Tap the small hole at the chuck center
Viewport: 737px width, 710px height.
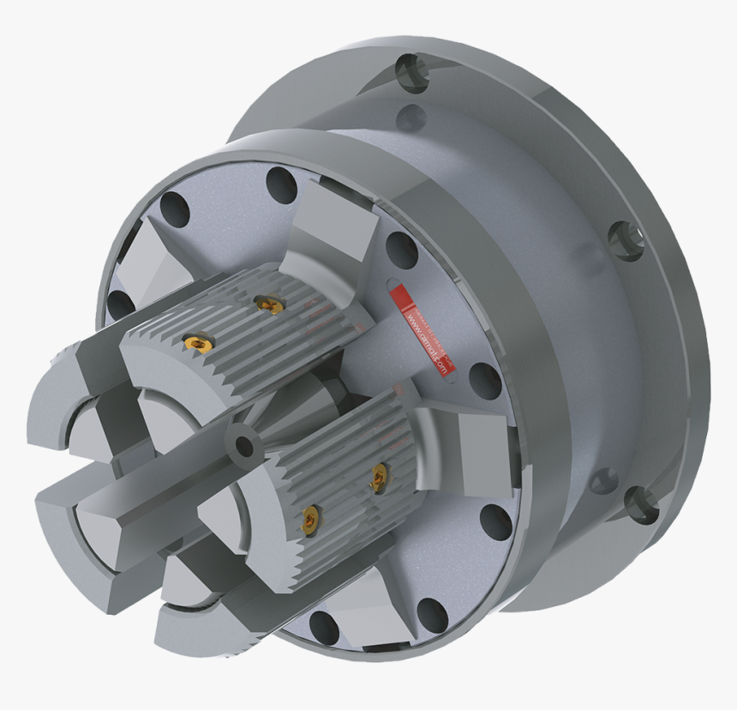pyautogui.click(x=244, y=446)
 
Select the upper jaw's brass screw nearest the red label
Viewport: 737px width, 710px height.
pyautogui.click(x=268, y=304)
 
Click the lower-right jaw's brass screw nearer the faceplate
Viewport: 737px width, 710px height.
pyautogui.click(x=378, y=478)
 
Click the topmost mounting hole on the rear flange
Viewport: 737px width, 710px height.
pyautogui.click(x=410, y=68)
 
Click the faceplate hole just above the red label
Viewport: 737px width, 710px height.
pyautogui.click(x=400, y=249)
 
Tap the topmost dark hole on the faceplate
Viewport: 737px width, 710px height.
pyautogui.click(x=281, y=183)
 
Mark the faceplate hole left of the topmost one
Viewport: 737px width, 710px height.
pyautogui.click(x=174, y=208)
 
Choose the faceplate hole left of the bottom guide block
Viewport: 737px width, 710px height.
pyautogui.click(x=323, y=627)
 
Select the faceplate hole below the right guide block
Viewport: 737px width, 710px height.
pyautogui.click(x=495, y=520)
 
